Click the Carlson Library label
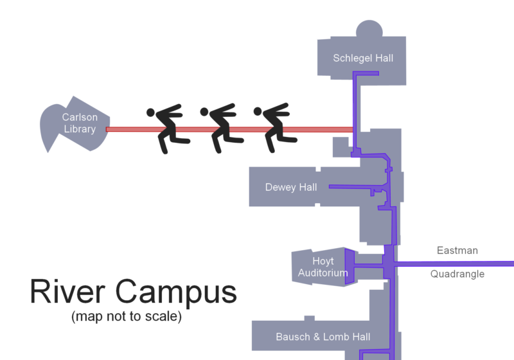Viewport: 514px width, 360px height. [79, 123]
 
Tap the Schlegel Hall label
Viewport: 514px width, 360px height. [363, 59]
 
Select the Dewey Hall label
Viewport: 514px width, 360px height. [291, 188]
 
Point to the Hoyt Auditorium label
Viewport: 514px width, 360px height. [323, 267]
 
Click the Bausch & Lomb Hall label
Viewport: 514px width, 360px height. [323, 337]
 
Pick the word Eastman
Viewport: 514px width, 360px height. [457, 250]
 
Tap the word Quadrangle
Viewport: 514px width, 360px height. [457, 274]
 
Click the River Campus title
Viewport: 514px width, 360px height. [133, 292]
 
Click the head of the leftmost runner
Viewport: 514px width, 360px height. [151, 113]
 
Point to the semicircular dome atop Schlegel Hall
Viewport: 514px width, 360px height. [369, 30]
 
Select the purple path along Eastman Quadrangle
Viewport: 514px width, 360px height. [456, 264]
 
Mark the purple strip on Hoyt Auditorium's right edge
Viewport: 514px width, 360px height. [350, 265]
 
